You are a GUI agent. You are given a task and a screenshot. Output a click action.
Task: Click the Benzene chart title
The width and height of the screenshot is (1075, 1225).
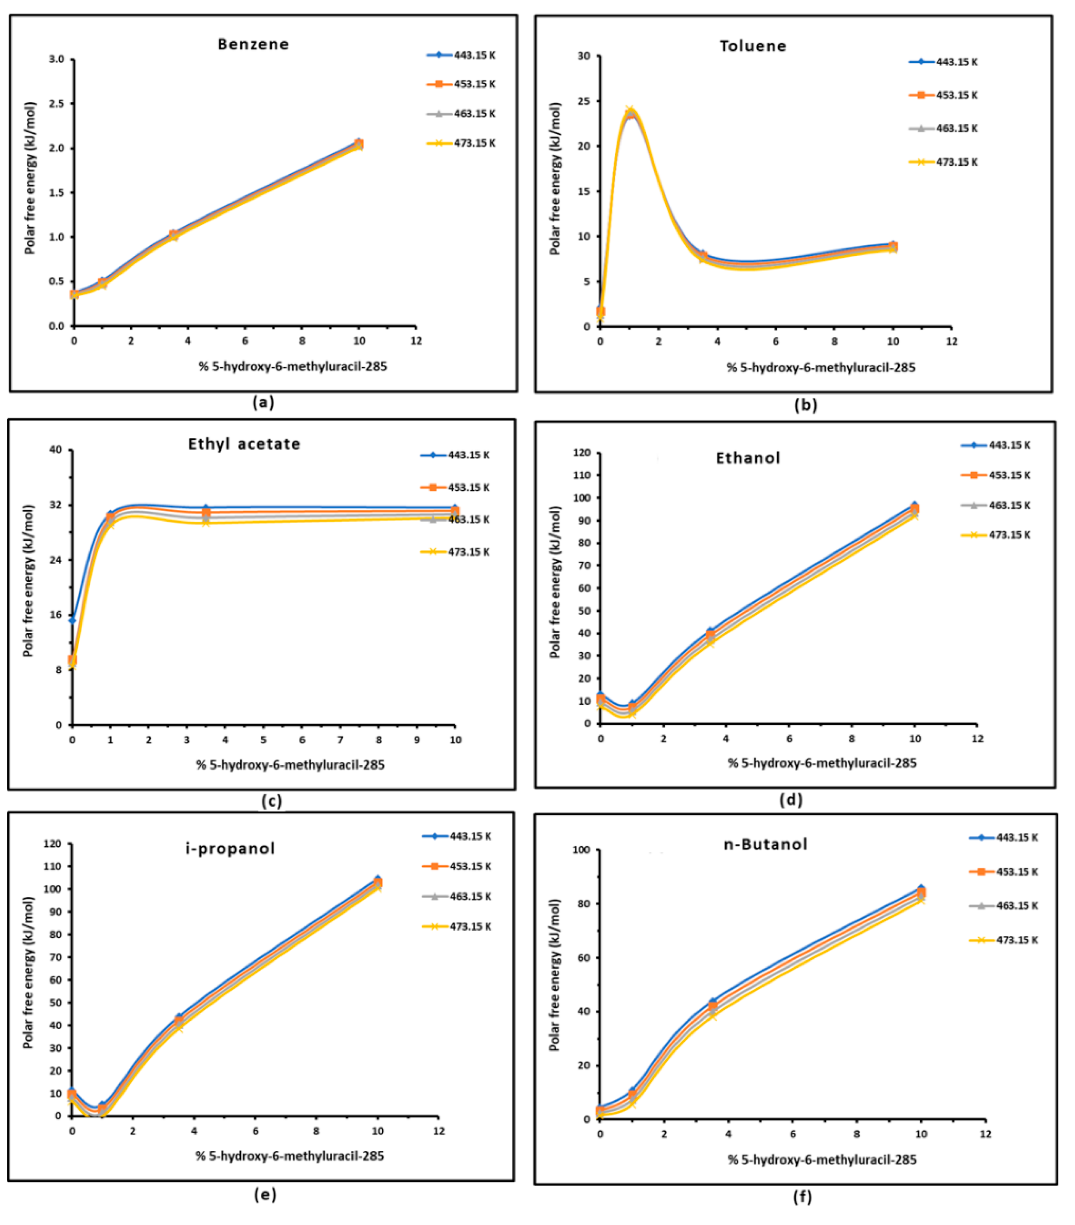[x=253, y=44]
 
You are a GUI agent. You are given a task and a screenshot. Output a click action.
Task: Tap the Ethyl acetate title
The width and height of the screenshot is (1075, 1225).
[x=244, y=444]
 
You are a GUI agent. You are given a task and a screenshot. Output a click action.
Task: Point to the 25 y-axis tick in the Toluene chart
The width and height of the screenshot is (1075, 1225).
[x=584, y=101]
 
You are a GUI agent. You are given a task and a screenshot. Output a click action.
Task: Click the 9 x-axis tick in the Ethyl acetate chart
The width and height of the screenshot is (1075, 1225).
[x=417, y=740]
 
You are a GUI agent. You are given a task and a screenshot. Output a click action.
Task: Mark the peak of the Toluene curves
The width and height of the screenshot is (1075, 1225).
[x=630, y=112]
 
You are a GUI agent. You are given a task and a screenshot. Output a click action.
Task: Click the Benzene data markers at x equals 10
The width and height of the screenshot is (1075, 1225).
[x=358, y=144]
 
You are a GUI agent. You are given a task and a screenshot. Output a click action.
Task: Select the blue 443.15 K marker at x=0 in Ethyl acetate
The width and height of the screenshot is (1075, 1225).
[x=72, y=620]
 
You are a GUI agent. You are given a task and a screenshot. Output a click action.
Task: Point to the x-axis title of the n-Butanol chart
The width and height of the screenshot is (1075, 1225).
[x=822, y=1159]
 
